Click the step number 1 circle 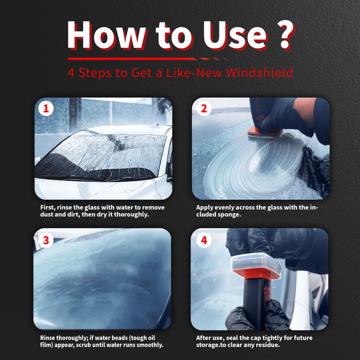46,108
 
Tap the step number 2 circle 204,108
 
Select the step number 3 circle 46,240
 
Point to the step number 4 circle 204,240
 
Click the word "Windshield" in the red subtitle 259,72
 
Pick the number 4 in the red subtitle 71,73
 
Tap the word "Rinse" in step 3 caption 48,338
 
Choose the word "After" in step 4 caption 204,338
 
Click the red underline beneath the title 147,59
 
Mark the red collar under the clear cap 256,274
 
